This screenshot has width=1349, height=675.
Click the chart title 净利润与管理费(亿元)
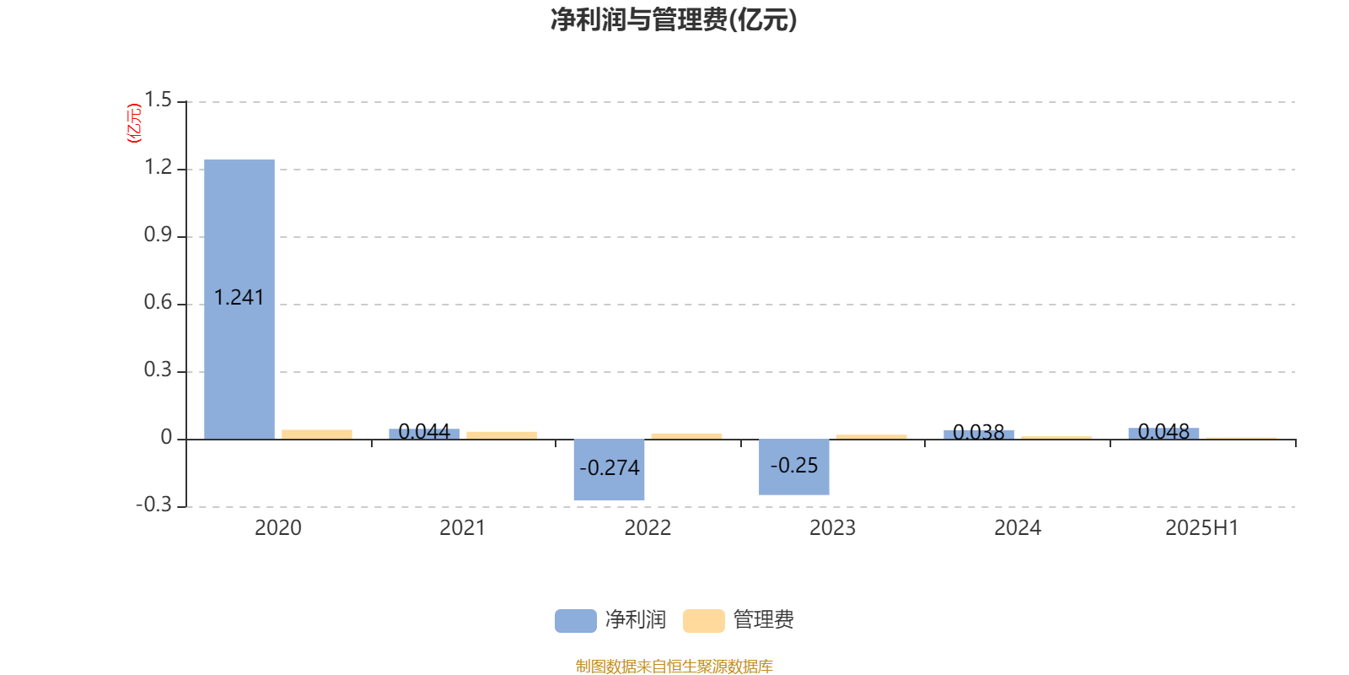674,19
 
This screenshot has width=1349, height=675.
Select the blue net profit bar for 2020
239,299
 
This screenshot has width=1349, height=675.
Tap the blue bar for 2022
609,469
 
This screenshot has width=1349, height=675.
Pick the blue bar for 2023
793,467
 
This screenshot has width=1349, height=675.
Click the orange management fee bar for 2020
317,435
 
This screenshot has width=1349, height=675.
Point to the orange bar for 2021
502,435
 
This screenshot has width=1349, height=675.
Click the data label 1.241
239,298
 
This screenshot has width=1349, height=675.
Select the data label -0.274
610,467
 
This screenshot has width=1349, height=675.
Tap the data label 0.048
1164,431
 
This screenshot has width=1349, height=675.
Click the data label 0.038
979,432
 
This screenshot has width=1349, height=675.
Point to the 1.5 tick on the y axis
158,100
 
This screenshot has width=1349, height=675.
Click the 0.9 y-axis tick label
158,235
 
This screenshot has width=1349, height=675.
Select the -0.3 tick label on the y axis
154,505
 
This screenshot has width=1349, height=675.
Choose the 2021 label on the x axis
463,528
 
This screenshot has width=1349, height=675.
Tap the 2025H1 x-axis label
1202,528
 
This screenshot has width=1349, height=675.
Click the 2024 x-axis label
1018,528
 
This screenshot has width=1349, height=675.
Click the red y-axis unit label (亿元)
134,123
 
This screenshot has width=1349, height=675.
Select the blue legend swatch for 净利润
576,621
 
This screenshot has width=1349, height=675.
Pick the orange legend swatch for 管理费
703,621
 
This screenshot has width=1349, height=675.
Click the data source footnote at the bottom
674,666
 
